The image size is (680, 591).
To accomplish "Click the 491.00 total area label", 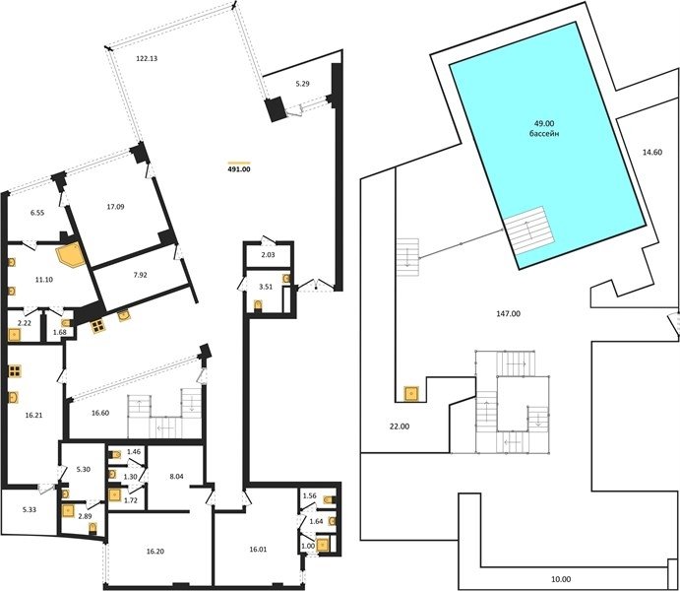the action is [x=239, y=169].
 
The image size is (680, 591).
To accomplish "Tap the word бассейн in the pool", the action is [x=544, y=134].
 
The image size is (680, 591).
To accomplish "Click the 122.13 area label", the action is [x=147, y=58].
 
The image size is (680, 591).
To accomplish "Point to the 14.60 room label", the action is [x=652, y=153].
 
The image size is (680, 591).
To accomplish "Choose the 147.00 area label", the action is [x=508, y=313].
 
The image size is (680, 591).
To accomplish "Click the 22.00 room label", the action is [x=400, y=427].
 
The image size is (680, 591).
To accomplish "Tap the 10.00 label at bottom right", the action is [x=561, y=579].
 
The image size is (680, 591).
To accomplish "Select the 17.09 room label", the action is [x=115, y=207].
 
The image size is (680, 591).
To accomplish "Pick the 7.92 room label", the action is [x=140, y=275].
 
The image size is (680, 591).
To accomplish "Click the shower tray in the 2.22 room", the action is [x=15, y=335].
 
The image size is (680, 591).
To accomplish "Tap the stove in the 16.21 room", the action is [x=15, y=370].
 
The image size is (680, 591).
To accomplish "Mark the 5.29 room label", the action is [x=302, y=84].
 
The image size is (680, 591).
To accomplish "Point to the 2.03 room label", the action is [x=268, y=255].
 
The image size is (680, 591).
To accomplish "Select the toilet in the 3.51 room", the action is [x=258, y=306].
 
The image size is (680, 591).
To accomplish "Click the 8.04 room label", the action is [x=176, y=477].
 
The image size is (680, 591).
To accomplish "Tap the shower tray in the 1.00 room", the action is [x=323, y=544].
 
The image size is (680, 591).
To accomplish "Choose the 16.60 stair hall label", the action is [x=100, y=413].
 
